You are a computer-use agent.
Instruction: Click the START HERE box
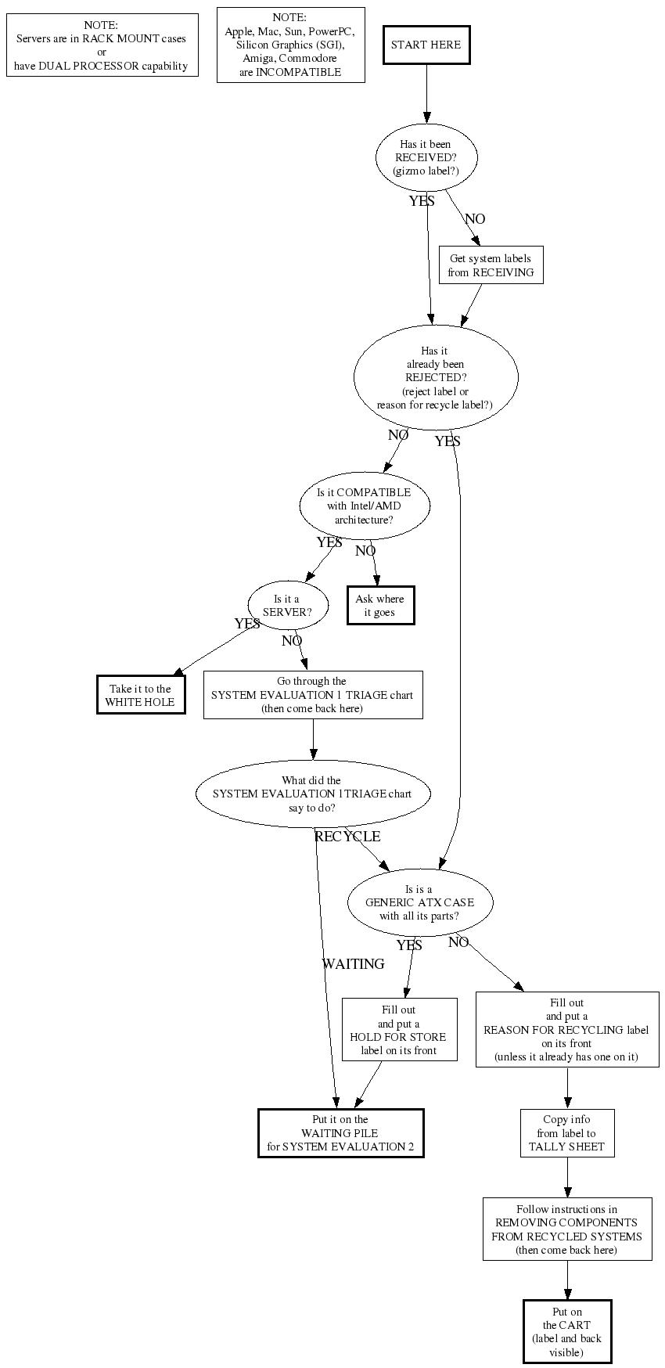click(x=426, y=45)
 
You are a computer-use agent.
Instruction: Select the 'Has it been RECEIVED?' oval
click(x=426, y=157)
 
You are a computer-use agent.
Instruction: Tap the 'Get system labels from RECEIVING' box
click(x=491, y=265)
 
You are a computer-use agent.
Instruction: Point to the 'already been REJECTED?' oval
click(x=436, y=377)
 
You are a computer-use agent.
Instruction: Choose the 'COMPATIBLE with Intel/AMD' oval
click(x=364, y=506)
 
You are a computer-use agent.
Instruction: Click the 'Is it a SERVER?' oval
click(x=287, y=605)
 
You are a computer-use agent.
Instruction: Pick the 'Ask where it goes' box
click(x=380, y=606)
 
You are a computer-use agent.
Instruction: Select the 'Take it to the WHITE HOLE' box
click(x=141, y=695)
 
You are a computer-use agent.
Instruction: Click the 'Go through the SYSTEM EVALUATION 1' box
click(x=313, y=695)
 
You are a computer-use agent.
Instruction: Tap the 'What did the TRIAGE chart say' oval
click(x=312, y=794)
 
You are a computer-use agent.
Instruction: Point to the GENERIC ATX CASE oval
click(x=420, y=902)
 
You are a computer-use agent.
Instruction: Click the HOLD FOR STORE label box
click(x=399, y=1029)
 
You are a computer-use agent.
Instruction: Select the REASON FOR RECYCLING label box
click(x=567, y=1029)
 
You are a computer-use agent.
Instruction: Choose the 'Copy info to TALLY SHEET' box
click(x=567, y=1132)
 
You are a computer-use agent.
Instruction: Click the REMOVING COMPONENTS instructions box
click(x=567, y=1229)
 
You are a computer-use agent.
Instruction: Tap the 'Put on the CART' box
click(x=567, y=1331)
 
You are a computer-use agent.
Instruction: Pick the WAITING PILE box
click(x=340, y=1132)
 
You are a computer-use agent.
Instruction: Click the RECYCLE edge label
click(x=347, y=837)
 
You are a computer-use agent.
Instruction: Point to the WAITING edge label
click(x=354, y=964)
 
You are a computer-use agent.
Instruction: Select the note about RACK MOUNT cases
click(x=102, y=45)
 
